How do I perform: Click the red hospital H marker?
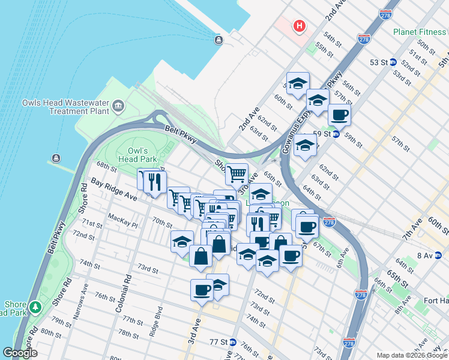coord(299,26)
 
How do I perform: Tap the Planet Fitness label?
coord(420,32)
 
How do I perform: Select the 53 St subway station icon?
coord(393,62)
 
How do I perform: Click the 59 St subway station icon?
coord(337,134)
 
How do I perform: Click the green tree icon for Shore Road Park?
coord(35,307)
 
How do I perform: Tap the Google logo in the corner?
coord(20,353)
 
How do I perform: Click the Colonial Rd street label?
coord(127,287)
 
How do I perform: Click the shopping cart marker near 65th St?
coord(237,174)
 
